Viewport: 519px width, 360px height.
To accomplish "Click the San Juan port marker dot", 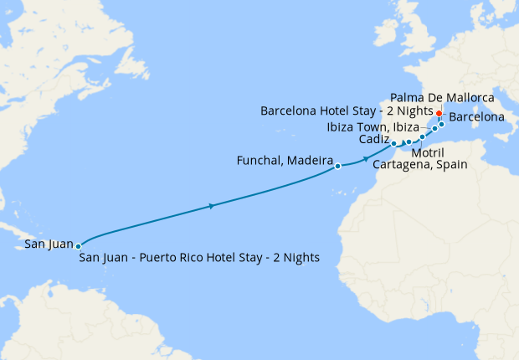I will point(78,246).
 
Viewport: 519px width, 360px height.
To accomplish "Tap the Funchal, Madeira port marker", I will point(337,166).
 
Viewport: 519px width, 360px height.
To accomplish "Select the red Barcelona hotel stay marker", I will point(439,113).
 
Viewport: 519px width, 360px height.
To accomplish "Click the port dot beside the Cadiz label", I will point(393,144).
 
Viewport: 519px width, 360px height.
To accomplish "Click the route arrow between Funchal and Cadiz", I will point(366,158).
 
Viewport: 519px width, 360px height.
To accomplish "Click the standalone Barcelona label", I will point(476,117).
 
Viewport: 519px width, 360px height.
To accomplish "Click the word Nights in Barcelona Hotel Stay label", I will point(414,111).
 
